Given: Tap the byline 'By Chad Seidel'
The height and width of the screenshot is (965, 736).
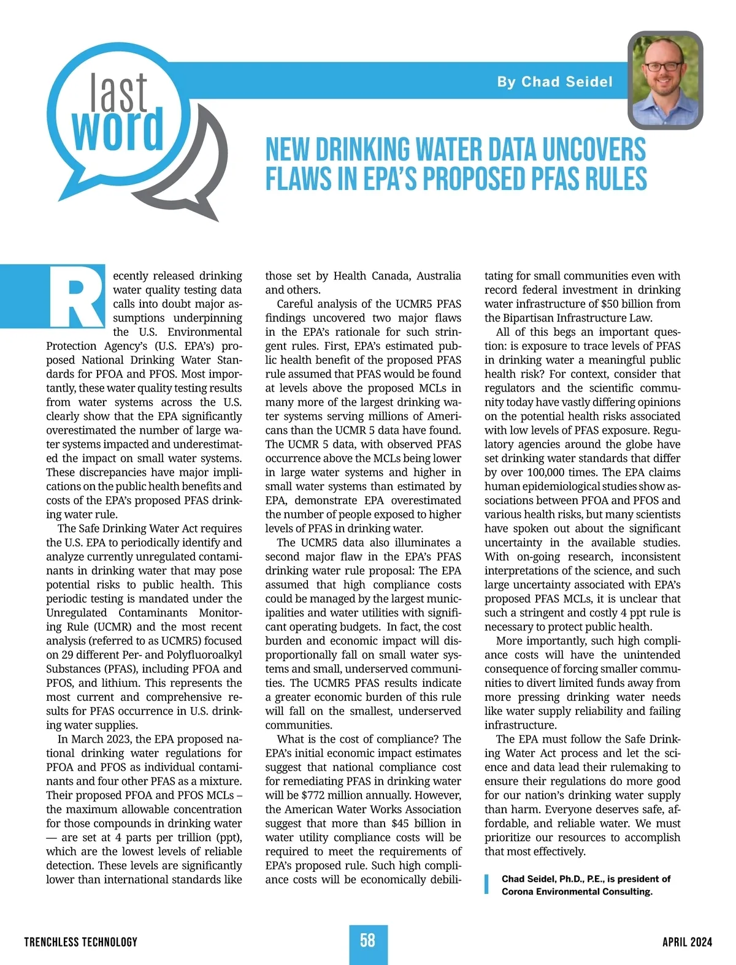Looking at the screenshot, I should (x=554, y=82).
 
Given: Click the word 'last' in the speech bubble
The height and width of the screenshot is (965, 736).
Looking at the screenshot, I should (x=119, y=92).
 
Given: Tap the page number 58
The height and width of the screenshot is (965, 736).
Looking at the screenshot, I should (x=367, y=940).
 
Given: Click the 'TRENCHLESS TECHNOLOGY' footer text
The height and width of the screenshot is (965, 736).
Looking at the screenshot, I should (x=81, y=942).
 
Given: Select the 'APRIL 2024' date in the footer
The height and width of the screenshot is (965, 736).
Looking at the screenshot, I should (x=687, y=942).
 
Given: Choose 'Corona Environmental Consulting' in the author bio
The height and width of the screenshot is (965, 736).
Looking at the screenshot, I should (x=577, y=891).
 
